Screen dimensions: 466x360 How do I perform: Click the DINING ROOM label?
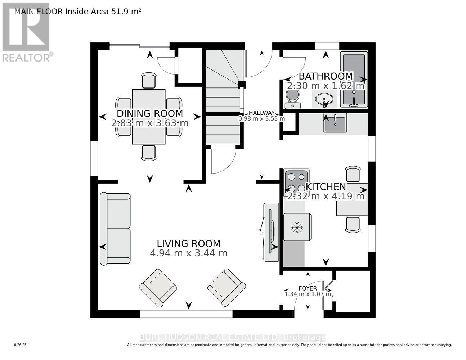(150, 113)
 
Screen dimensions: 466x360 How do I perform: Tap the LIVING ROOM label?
(188, 244)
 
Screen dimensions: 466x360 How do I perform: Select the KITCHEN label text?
(326, 187)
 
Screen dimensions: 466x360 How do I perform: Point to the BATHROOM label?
(326, 76)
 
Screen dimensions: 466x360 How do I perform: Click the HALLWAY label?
(261, 113)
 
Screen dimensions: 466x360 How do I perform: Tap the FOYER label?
(308, 288)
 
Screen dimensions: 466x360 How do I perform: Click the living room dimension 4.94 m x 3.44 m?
(188, 253)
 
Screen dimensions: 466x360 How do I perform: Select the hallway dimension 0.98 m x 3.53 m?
(261, 118)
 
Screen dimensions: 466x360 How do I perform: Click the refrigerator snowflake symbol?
(297, 228)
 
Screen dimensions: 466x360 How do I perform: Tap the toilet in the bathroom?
(292, 99)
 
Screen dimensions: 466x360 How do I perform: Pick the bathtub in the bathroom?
(354, 80)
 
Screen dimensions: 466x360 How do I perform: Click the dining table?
(149, 117)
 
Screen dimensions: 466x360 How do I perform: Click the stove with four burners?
(296, 183)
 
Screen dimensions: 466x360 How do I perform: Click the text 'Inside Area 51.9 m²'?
(103, 12)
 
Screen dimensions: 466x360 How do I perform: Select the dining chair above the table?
(149, 80)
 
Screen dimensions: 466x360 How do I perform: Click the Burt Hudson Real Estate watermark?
(233, 337)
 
